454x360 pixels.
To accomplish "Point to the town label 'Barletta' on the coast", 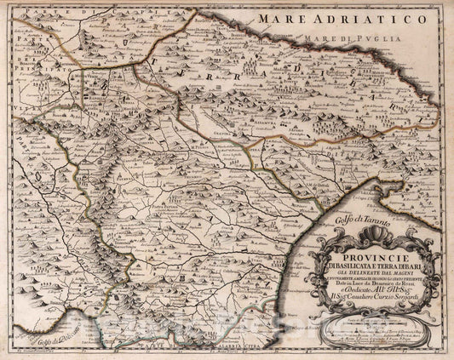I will click(129, 35).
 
